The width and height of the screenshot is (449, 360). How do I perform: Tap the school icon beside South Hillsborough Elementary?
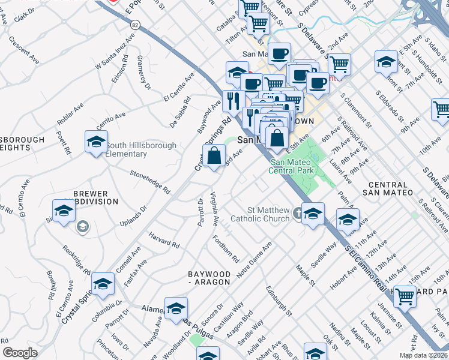tap(95, 142)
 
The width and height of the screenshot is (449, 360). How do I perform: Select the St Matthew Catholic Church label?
tap(268, 214)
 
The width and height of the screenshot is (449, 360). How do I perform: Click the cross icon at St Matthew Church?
tap(297, 213)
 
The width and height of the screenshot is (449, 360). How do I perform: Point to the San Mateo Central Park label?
tap(292, 166)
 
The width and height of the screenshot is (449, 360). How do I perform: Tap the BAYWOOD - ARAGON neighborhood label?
tap(209, 277)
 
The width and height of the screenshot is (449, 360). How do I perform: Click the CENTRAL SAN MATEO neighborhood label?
tap(388, 188)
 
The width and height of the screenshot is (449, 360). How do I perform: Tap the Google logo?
tap(20, 353)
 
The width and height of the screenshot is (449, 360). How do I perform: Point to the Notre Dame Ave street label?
tap(255, 259)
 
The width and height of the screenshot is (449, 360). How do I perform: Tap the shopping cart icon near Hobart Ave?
tap(405, 296)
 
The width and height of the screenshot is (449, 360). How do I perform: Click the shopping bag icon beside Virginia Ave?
tap(215, 157)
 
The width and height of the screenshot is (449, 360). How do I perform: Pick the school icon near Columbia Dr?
tap(103, 284)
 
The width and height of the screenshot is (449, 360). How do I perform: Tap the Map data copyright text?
tap(423, 354)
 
